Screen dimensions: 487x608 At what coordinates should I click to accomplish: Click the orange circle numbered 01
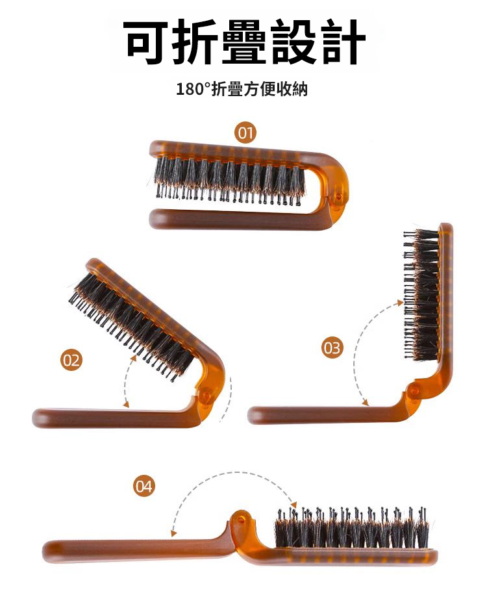[245, 133]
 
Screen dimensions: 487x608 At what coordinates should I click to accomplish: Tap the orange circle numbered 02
[71, 361]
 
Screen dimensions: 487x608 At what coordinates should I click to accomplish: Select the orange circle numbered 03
[332, 348]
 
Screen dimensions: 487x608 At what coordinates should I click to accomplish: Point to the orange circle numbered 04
[144, 486]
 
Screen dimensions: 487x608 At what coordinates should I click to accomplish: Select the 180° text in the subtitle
[194, 89]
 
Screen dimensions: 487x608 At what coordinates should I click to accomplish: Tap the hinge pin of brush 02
[206, 396]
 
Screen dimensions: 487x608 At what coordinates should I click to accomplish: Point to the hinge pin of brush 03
[414, 391]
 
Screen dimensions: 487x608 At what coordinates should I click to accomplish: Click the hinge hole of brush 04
[241, 519]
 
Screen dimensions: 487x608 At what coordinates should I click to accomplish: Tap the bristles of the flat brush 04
[352, 527]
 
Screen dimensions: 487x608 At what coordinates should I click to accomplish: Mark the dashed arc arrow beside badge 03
[356, 349]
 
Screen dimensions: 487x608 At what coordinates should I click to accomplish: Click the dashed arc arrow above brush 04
[232, 472]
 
